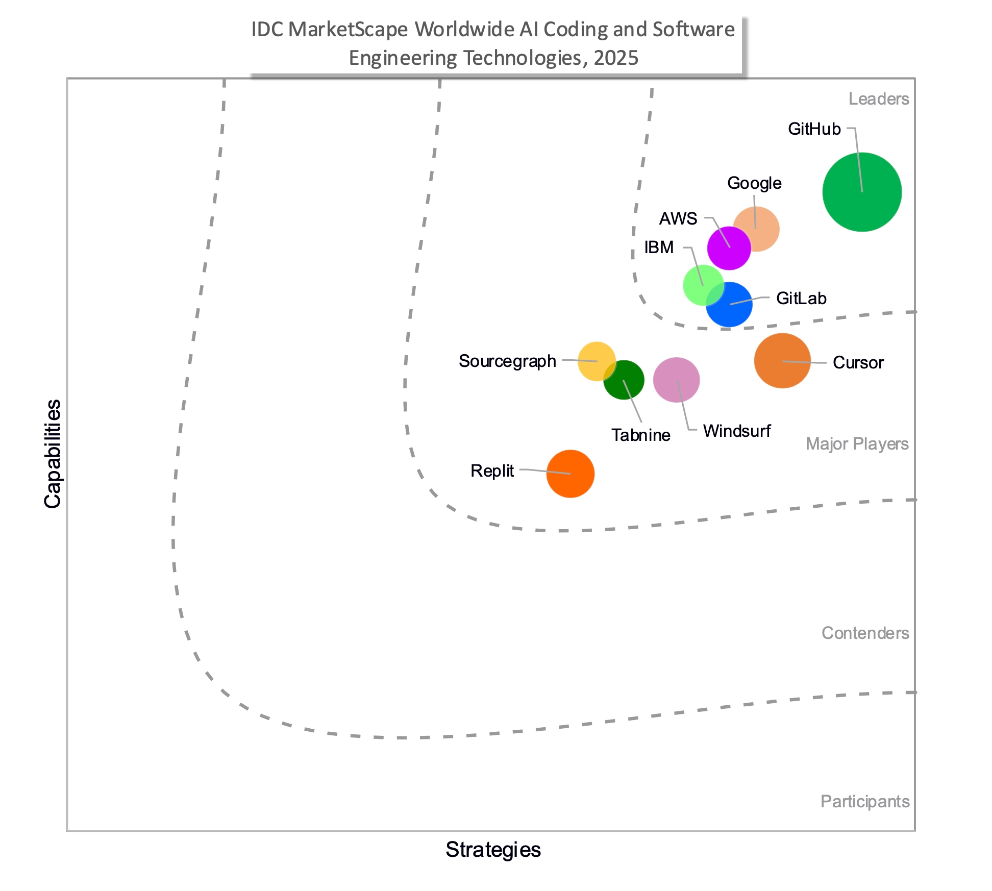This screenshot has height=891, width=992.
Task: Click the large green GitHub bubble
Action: coord(862,192)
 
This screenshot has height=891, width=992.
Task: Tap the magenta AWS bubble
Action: coord(729,249)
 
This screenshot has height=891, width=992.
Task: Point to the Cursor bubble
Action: coord(782,361)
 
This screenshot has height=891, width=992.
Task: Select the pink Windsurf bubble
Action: coord(676,380)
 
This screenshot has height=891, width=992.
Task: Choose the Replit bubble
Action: coord(570,474)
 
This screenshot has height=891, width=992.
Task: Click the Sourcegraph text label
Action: coord(507,361)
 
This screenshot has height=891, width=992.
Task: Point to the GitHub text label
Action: coord(814,129)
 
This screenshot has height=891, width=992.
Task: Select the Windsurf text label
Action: coord(736,431)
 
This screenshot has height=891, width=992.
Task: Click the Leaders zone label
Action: coord(878,99)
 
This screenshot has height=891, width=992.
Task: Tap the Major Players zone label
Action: coord(857,444)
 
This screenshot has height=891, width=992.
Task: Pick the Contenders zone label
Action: coord(865,633)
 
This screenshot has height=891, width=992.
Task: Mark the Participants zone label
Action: coord(865,802)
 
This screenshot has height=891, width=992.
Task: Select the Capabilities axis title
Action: coord(53,454)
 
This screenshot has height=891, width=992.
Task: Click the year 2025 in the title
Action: coord(616,58)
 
